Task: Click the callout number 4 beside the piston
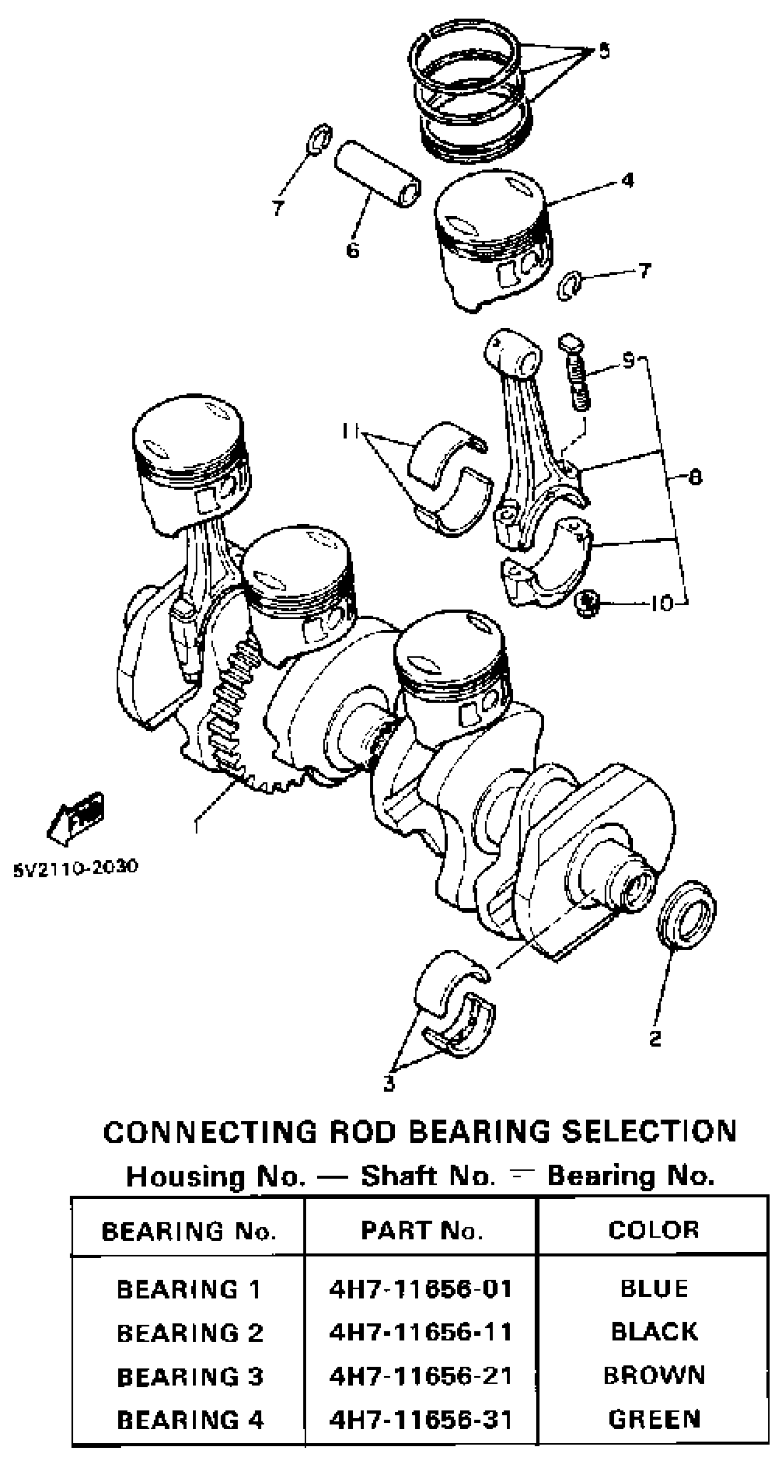coord(627,181)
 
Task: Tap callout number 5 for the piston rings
coord(604,51)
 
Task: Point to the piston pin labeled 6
coord(378,174)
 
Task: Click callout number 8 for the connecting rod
coord(695,476)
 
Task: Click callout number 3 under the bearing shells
coord(389,1084)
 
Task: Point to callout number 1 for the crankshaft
coord(197,825)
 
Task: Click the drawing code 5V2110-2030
coord(76,867)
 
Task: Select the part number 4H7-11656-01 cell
coord(421,1290)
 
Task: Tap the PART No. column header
coord(422,1231)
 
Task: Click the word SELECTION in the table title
coord(649,1132)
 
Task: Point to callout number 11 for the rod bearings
coord(350,432)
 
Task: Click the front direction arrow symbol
coord(76,817)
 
